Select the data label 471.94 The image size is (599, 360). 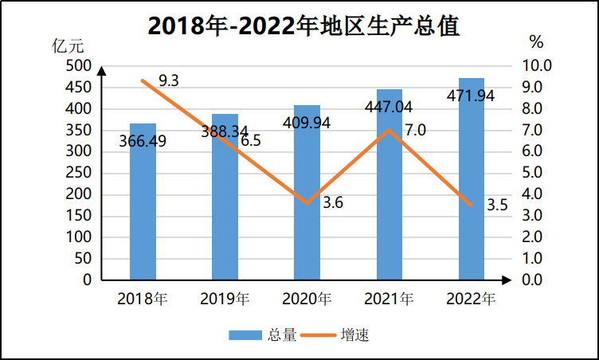(x=472, y=96)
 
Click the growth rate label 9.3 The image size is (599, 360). (x=168, y=80)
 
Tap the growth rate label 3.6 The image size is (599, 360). (x=332, y=203)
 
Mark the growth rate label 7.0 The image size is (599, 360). (x=416, y=130)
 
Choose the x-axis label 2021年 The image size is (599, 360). (x=389, y=299)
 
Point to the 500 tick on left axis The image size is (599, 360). (x=80, y=65)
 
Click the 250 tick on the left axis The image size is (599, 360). (x=80, y=173)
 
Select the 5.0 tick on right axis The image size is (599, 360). (x=531, y=173)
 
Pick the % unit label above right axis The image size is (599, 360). (x=536, y=41)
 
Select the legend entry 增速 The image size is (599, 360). (x=354, y=335)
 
